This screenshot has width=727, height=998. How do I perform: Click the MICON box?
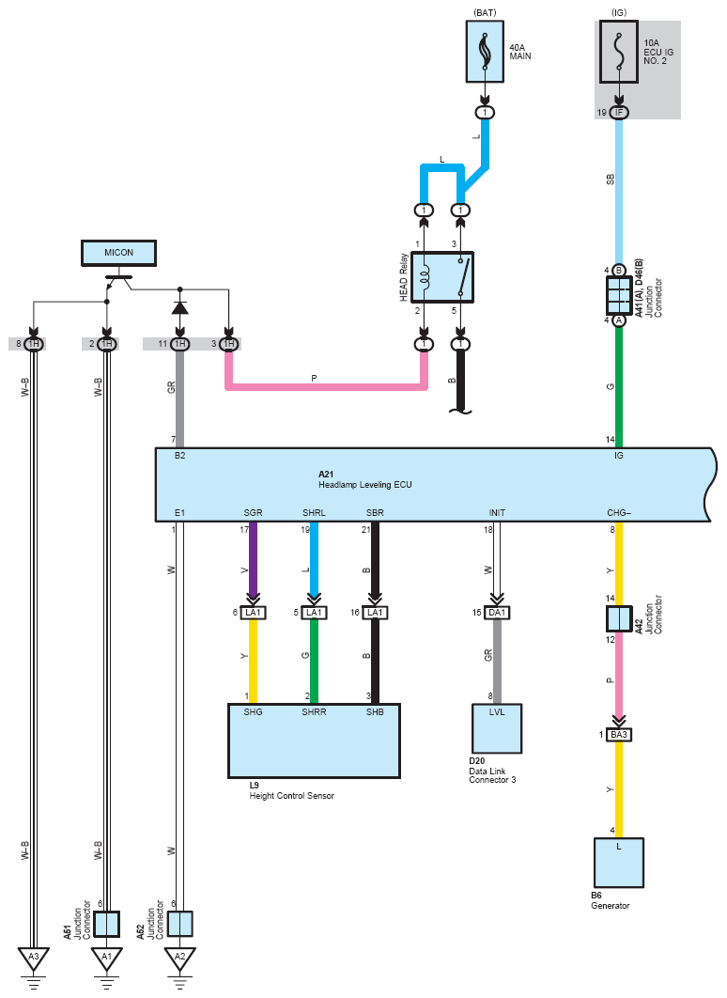pos(119,253)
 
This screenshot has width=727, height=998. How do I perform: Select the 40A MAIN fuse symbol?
pos(485,52)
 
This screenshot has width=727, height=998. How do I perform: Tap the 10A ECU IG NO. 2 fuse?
pos(618,52)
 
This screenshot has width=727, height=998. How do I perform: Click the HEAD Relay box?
pos(442,277)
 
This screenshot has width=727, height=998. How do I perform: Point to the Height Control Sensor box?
pos(314,741)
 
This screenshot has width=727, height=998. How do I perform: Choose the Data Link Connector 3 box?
pos(497,728)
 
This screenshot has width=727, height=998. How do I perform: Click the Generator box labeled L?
pos(619,863)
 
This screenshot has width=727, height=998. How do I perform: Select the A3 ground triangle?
pos(34,958)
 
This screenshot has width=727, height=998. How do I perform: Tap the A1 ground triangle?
pos(107,958)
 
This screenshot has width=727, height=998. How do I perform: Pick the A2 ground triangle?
pos(180,958)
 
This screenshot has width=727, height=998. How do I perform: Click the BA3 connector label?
pos(619,735)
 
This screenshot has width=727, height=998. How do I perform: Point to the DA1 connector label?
pos(497,613)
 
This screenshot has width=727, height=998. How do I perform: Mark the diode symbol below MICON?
pos(180,308)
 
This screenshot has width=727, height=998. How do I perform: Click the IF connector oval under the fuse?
pos(619,113)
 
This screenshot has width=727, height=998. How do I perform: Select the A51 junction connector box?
pos(107,924)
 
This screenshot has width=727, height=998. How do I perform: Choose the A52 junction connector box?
pos(180,924)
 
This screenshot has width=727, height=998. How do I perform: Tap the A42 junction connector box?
pos(619,618)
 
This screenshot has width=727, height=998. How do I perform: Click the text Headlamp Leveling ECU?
pos(365,485)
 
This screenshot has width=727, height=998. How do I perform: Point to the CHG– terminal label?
pos(619,513)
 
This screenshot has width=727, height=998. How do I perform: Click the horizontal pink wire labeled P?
pos(326,386)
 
